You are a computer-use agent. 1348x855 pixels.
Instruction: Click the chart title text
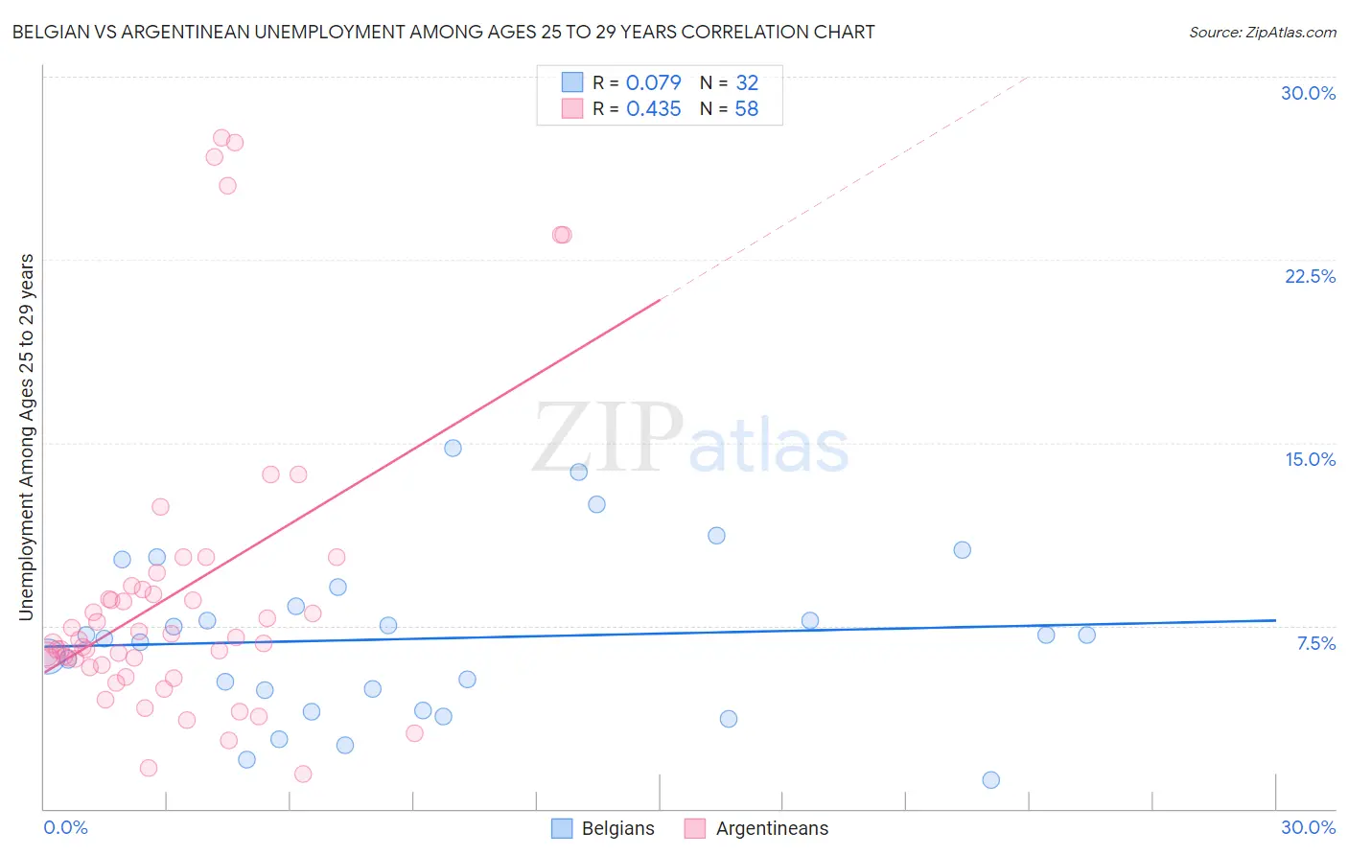pos(443,32)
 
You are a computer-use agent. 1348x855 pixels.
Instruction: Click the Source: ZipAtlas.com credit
pos(1262,32)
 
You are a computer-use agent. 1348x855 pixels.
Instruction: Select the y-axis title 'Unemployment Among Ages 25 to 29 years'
pos(26,437)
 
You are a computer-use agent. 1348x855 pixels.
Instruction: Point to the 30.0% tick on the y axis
pos(1308,93)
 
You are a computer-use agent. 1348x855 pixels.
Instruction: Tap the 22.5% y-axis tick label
pos(1310,276)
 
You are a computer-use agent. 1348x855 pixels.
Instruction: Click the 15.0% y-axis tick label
pos(1310,459)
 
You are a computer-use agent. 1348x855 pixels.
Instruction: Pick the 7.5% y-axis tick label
pos(1315,643)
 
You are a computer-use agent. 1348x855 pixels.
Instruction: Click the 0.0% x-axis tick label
pos(65,827)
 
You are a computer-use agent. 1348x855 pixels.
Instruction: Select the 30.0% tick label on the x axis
pos(1308,827)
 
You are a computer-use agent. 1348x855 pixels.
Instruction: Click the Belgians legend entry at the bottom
pos(604,828)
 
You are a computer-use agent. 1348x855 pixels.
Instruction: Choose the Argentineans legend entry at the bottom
pos(757,828)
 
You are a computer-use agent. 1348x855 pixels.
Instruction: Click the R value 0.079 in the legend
pos(653,83)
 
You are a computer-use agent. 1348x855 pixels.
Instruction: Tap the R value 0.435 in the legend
pos(653,109)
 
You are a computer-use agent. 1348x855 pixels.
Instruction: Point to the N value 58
pos(746,109)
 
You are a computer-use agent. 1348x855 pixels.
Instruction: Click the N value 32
pos(746,83)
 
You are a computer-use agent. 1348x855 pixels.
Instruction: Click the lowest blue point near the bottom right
pos(991,780)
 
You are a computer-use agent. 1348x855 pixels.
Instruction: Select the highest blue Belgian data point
pos(453,448)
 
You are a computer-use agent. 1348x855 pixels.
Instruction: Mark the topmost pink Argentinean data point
pos(221,138)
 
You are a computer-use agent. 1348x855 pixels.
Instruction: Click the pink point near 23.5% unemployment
pos(562,235)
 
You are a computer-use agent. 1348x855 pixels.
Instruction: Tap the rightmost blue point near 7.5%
pos(1086,635)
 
